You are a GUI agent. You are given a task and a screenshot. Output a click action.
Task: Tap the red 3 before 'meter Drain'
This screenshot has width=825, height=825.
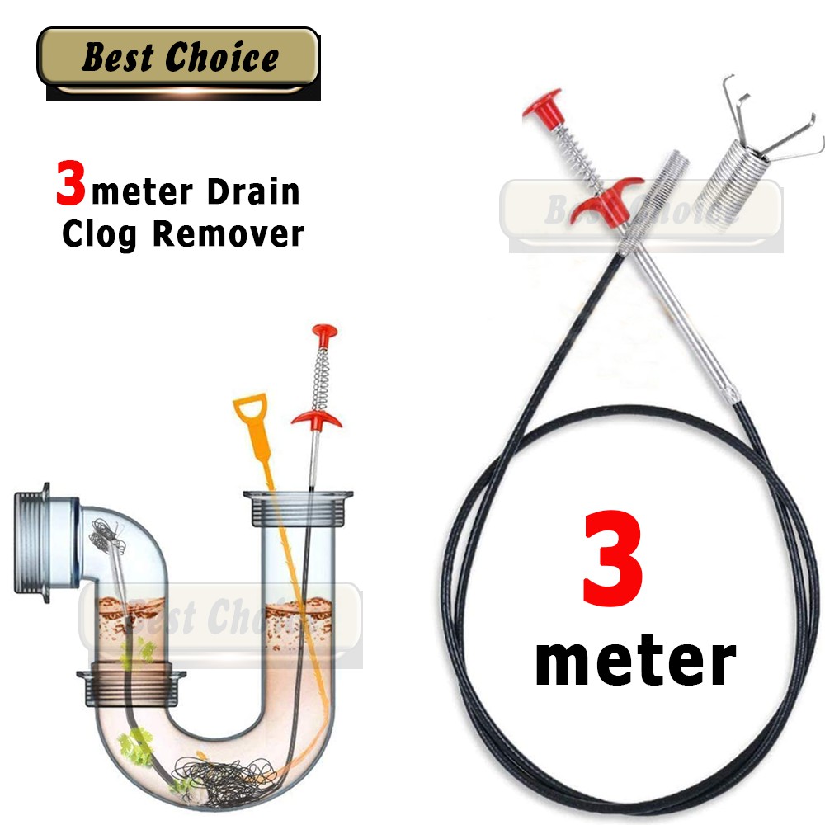point(71,183)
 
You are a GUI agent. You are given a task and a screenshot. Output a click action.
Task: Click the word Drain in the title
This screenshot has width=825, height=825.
point(253,192)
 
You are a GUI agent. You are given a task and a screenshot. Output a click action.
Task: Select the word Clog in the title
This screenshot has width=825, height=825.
point(101,233)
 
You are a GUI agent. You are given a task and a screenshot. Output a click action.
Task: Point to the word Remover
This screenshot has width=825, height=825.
point(229,233)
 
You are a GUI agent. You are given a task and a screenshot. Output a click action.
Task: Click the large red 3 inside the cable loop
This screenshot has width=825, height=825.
point(612,559)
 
